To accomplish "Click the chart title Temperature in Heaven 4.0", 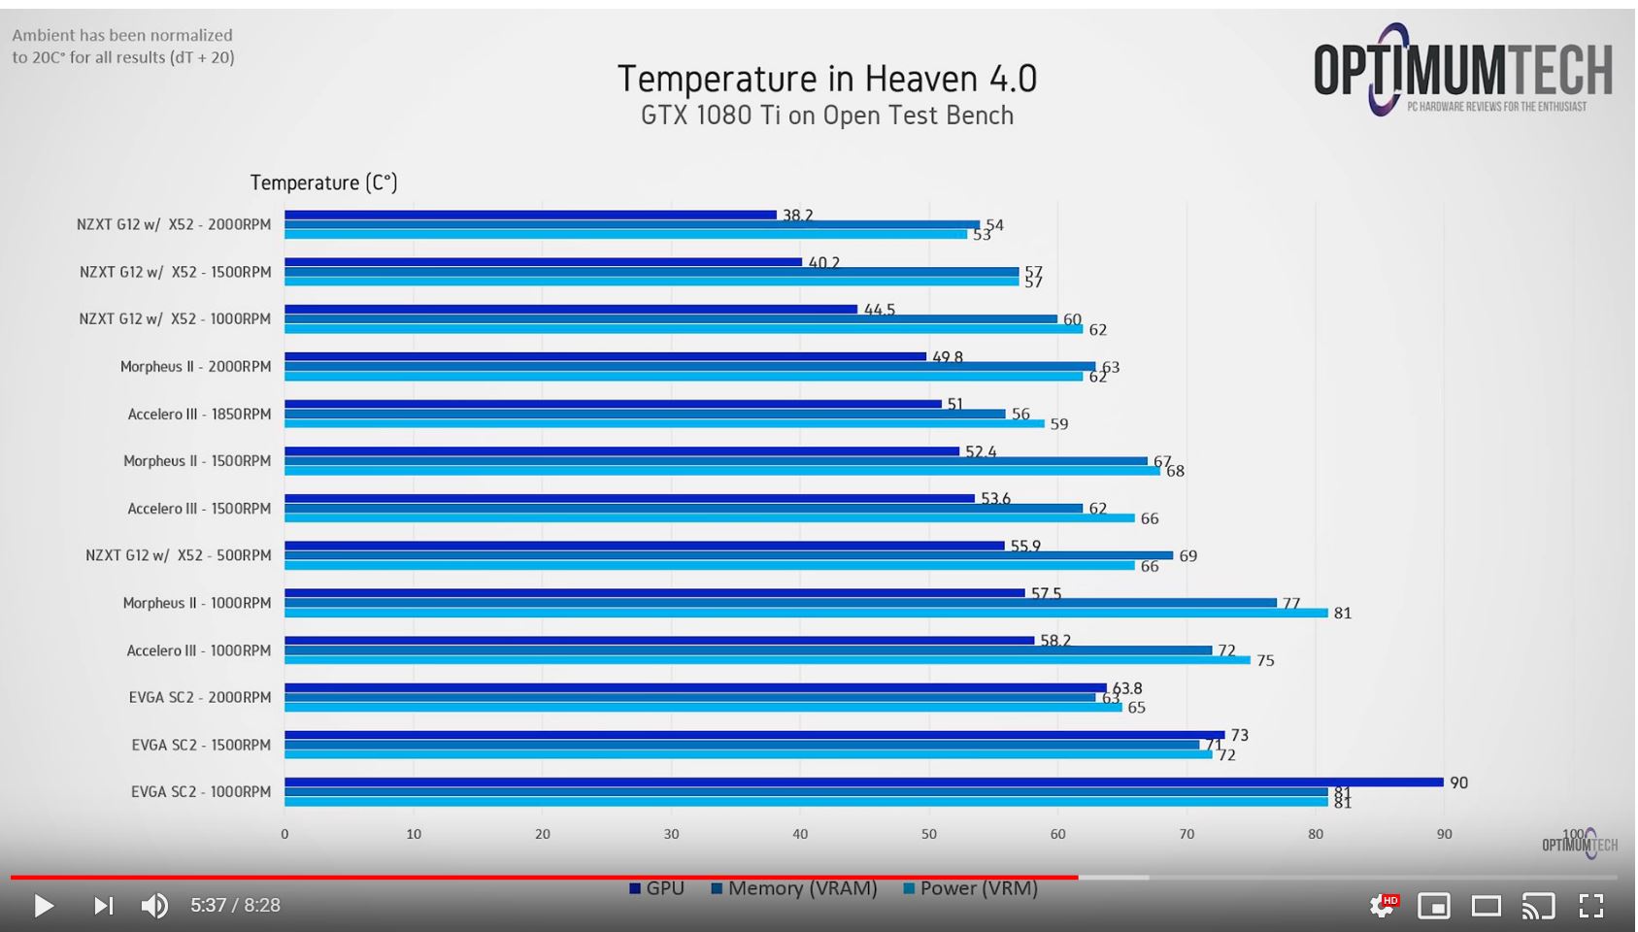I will pos(827,79).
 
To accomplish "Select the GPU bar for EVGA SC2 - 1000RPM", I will pos(863,782).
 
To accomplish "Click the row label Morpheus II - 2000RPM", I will pos(195,367).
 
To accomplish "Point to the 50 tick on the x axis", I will pos(929,834).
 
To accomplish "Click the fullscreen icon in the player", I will pos(1590,906).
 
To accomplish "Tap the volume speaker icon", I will pos(154,906).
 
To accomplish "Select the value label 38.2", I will pos(797,216).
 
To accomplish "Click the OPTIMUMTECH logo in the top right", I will pos(1462,70).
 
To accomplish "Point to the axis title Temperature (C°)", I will pos(323,183).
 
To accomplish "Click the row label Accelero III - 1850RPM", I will pos(199,415).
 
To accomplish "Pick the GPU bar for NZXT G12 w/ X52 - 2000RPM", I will pos(530,215).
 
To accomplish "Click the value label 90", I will pos(1458,782).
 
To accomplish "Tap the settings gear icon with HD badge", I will pos(1382,906).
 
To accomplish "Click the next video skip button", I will pos(103,906).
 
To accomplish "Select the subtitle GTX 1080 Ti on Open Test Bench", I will pos(827,116).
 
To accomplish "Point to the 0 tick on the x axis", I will pos(284,834).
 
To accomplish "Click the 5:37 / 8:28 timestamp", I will pos(235,906).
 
